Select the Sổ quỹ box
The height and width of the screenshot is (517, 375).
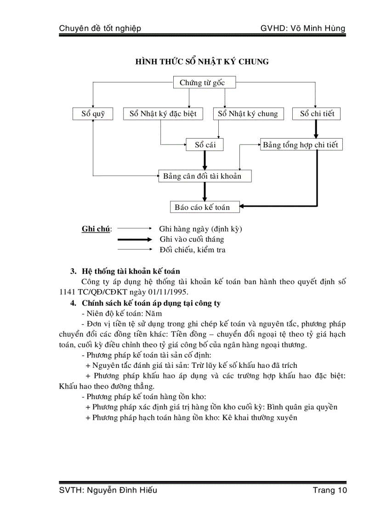(93, 114)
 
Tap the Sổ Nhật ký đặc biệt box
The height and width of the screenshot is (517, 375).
(163, 114)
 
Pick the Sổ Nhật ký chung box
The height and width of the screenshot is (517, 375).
(248, 114)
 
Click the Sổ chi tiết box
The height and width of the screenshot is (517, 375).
(316, 114)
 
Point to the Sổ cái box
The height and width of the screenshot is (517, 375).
(205, 145)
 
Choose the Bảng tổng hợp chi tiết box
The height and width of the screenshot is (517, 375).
(301, 145)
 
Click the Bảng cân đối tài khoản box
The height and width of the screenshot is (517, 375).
(205, 176)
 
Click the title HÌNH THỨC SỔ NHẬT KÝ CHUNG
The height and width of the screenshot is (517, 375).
(202, 62)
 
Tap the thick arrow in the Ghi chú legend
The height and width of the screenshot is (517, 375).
(134, 239)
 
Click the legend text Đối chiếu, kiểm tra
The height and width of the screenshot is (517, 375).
(193, 250)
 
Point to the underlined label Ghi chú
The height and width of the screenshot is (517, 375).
(96, 229)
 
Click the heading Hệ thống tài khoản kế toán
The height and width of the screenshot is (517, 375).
(131, 271)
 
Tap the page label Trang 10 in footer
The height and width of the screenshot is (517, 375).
(330, 490)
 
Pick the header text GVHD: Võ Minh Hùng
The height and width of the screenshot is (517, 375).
(302, 29)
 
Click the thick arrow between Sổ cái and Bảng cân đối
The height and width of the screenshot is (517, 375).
(205, 160)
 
